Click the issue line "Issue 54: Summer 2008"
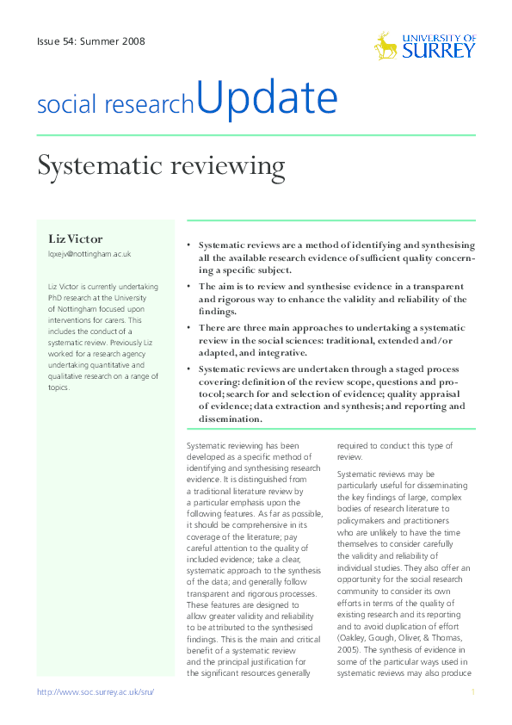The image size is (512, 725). [90, 40]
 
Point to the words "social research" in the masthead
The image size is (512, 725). [115, 105]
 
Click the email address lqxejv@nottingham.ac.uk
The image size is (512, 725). [89, 254]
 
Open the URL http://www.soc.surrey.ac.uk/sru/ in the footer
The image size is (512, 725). [95, 692]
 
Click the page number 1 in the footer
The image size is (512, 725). [472, 692]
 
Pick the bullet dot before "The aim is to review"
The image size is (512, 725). [189, 286]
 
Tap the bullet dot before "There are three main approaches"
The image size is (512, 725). [189, 328]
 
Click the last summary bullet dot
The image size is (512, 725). [189, 369]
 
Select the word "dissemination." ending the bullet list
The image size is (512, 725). [230, 418]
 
